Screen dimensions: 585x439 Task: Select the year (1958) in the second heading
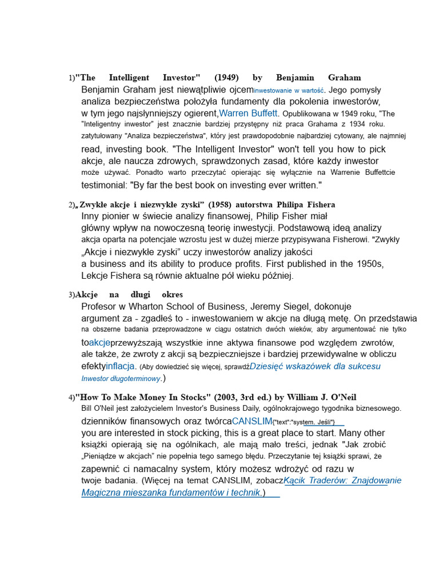220,205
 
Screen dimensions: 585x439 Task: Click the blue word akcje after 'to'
99,342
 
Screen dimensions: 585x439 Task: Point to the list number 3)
72,295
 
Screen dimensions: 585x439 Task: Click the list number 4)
72,398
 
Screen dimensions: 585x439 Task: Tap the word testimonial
104,185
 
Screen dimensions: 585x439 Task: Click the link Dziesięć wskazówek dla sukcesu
315,366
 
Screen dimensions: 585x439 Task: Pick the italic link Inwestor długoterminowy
121,378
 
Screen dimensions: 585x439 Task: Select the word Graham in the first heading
344,78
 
